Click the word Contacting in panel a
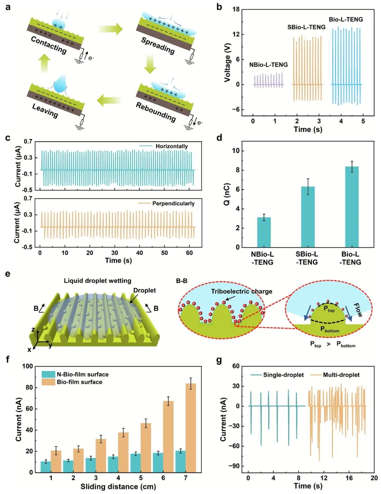[x=48, y=44]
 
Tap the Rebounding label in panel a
[x=156, y=111]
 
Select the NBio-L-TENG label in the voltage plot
[x=268, y=65]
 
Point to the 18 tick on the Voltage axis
[x=236, y=10]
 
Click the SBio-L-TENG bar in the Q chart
[x=308, y=217]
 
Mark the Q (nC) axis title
[x=227, y=194]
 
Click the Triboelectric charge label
[x=242, y=291]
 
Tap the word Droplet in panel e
[x=144, y=290]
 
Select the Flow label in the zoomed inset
[x=358, y=310]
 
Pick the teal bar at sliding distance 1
[x=46, y=466]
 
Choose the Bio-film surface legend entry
[x=79, y=382]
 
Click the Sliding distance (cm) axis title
[x=118, y=487]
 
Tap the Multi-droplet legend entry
[x=341, y=375]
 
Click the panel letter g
[x=219, y=360]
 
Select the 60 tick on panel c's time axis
[x=189, y=252]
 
